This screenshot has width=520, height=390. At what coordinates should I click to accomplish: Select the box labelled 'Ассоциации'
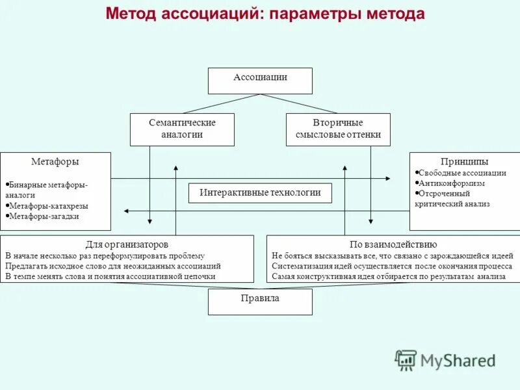click(x=260, y=81)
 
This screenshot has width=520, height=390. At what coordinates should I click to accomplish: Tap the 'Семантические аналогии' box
click(x=182, y=129)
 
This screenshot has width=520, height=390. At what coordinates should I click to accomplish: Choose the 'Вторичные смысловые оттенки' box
click(x=338, y=129)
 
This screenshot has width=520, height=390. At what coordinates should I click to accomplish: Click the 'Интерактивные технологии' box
click(x=260, y=193)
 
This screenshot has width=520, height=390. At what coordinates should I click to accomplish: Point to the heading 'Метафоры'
click(x=55, y=161)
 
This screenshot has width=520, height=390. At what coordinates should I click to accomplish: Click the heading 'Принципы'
click(x=465, y=161)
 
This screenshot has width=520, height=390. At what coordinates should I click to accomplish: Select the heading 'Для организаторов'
click(x=127, y=244)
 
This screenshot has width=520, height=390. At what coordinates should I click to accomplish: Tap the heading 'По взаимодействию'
click(x=393, y=244)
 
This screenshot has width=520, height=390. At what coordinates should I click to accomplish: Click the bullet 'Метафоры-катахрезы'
click(x=49, y=205)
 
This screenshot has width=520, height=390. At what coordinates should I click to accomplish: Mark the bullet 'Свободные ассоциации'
click(x=462, y=173)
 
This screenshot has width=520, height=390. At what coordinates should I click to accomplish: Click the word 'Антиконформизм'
click(x=452, y=183)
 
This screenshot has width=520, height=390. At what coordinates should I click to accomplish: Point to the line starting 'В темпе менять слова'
click(x=110, y=276)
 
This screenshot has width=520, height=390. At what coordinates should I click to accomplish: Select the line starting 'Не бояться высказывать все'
click(x=393, y=255)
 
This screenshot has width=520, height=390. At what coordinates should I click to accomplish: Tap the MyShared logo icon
click(x=406, y=359)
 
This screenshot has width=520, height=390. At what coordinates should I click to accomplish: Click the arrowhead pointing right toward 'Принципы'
click(x=387, y=178)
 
